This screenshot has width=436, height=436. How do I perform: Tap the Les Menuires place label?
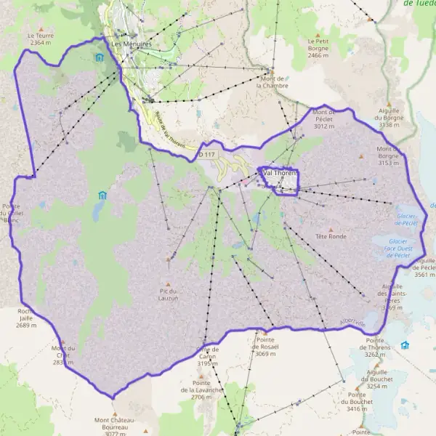131,44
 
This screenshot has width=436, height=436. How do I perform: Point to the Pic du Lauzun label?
169,294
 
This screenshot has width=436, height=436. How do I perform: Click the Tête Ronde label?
331,236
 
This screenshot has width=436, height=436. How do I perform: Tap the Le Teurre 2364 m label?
41,39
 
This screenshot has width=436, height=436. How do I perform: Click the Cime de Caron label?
208,352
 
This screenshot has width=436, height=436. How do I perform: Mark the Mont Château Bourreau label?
111,424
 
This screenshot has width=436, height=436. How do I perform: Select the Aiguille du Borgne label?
389,117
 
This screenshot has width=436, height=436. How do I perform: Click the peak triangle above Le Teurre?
41,27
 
